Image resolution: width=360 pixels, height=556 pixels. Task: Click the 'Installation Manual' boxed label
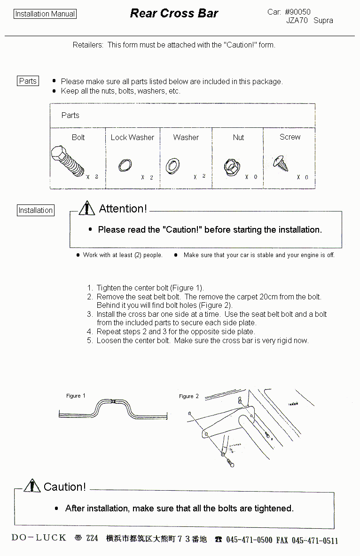pos(45,14)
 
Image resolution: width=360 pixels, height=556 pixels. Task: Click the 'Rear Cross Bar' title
pos(174,13)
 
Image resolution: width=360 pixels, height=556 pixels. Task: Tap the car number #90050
pos(297,12)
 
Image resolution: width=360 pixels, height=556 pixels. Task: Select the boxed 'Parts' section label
pos(28,81)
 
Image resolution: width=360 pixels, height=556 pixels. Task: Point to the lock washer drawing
pos(125,165)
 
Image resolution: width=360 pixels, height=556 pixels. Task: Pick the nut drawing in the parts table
pos(232,166)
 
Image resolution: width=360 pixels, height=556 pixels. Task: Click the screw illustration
pos(281,163)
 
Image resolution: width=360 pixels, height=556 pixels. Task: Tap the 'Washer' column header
pos(186,137)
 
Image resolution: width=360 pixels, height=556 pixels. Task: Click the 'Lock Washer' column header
pos(132,137)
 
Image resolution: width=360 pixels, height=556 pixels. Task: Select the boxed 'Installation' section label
pos(35,210)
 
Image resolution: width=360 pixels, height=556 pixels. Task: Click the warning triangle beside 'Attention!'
pos(86,208)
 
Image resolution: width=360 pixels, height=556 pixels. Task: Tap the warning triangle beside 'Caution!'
pos(32,486)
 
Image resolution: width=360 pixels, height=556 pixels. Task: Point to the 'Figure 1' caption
pos(76,396)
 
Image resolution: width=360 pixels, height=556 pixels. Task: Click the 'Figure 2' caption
pos(188,396)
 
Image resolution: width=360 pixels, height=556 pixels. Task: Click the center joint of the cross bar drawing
pos(113,402)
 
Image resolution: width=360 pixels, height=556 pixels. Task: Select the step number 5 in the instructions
pos(89,340)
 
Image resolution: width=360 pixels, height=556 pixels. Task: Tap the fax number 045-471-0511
pos(314,540)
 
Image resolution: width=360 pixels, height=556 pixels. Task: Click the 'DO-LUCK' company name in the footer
pos(39,538)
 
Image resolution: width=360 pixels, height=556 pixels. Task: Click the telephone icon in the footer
pos(219,540)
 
